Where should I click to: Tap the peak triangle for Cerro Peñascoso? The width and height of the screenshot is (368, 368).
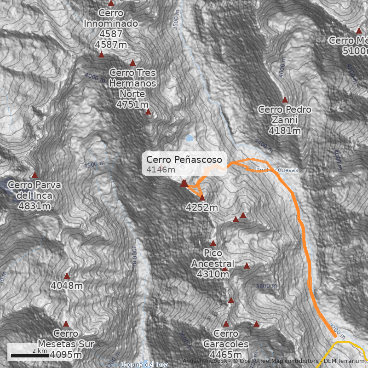(184, 184)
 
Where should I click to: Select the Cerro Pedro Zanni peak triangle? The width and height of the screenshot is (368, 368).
(285, 99)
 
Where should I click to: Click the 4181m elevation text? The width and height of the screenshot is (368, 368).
(285, 131)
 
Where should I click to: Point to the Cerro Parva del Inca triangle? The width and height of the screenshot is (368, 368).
(34, 175)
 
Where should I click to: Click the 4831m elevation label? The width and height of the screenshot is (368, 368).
(34, 206)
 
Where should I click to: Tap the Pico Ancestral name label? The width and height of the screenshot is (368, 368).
(213, 259)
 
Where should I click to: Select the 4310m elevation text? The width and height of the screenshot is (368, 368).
(213, 275)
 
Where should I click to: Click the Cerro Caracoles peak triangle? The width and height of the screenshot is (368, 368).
(226, 323)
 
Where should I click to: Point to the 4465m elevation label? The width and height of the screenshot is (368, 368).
(226, 355)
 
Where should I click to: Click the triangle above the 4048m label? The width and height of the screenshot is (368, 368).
(67, 276)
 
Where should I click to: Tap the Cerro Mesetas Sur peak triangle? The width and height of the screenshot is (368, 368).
(66, 323)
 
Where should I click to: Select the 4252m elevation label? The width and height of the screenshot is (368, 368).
(202, 207)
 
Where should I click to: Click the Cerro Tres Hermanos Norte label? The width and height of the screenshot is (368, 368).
(132, 83)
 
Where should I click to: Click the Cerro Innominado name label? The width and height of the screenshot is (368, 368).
(111, 18)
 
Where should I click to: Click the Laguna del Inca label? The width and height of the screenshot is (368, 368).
(144, 365)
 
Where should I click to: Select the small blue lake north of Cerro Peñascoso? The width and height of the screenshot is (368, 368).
(189, 138)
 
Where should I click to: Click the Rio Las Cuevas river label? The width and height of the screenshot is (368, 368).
(277, 170)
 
